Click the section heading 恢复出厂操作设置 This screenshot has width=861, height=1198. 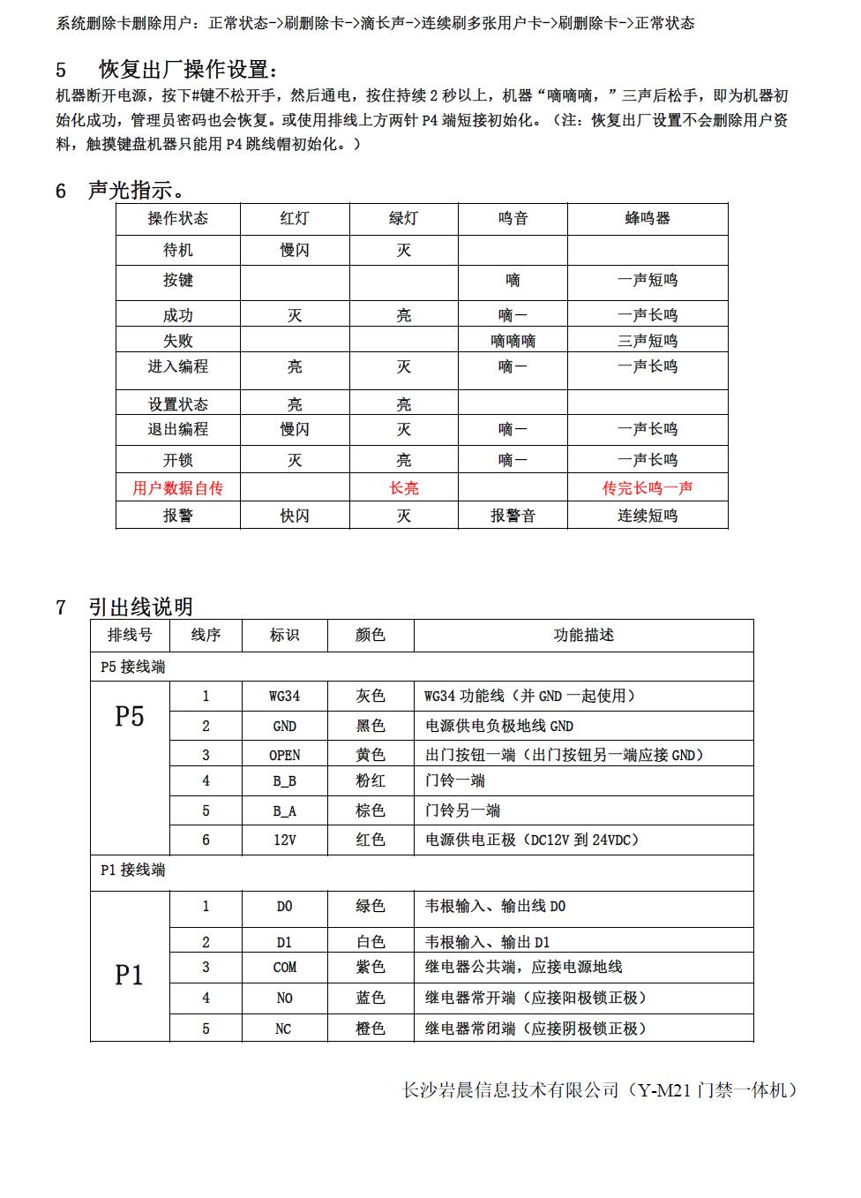(x=189, y=70)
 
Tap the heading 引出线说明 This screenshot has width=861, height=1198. (x=139, y=607)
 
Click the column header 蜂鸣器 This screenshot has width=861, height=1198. (x=647, y=218)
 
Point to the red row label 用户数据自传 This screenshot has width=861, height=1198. (x=177, y=488)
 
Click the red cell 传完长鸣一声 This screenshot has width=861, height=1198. (x=647, y=488)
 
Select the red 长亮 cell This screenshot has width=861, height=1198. (x=403, y=488)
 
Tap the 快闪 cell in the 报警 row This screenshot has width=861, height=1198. (x=295, y=516)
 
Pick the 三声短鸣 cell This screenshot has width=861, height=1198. (x=647, y=341)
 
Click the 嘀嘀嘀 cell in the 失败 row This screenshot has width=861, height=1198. (x=513, y=341)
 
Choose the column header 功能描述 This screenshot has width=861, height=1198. (x=583, y=635)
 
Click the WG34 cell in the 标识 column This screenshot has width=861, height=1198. (x=284, y=696)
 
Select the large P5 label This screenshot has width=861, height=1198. (x=129, y=716)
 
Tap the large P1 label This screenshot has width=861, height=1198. (x=129, y=975)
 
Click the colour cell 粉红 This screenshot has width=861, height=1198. (x=371, y=780)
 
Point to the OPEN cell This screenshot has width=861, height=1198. (x=284, y=755)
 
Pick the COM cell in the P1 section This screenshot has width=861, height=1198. (x=284, y=967)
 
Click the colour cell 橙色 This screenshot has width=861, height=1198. (x=371, y=1028)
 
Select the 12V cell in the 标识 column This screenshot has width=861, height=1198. (x=284, y=840)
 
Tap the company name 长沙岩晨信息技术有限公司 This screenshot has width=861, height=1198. (x=511, y=1090)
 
